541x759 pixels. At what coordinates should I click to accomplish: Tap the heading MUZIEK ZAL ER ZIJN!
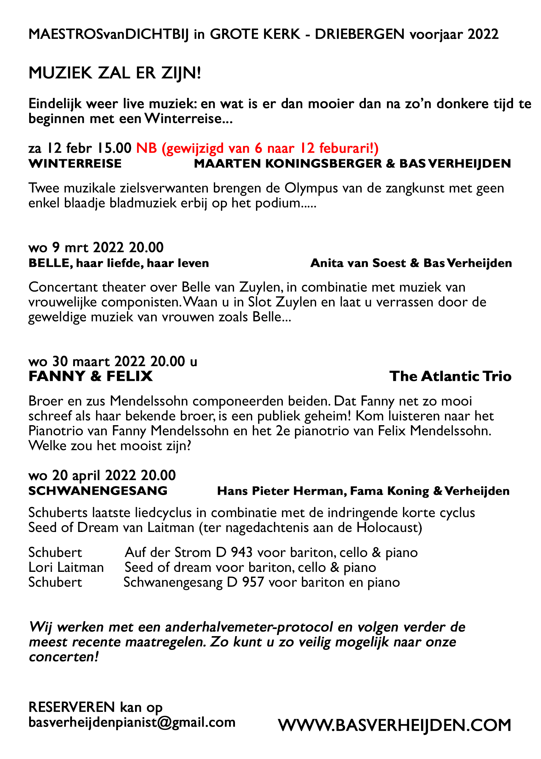point(115,73)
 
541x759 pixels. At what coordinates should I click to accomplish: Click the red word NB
point(146,148)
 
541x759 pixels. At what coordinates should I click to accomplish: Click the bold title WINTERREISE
point(75,164)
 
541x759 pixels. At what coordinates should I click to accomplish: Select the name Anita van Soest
point(358,263)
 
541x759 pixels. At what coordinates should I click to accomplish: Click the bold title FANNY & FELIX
point(90,376)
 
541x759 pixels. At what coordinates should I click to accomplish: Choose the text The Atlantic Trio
point(450,376)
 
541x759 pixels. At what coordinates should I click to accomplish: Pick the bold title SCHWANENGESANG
point(98,491)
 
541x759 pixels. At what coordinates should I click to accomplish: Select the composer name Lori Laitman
point(66,567)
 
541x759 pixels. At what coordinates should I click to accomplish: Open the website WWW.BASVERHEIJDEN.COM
point(394,725)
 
